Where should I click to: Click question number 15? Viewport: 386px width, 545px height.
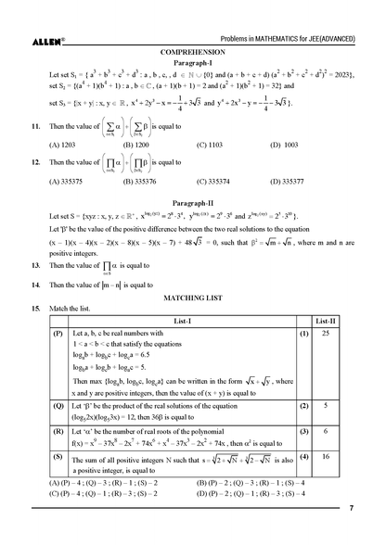click(x=35, y=307)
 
